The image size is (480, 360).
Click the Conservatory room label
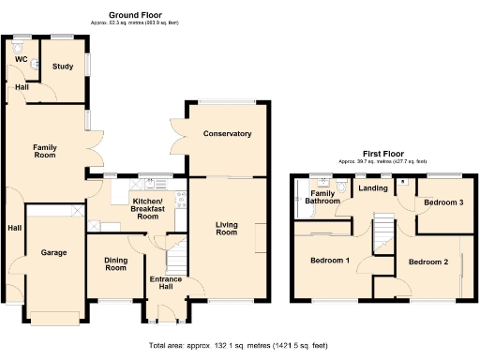tap(228, 134)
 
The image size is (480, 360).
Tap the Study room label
tap(63, 67)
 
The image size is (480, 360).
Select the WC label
tap(20, 59)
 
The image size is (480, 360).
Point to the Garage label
tap(52, 253)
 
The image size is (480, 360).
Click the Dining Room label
tap(114, 264)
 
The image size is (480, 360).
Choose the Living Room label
tap(227, 228)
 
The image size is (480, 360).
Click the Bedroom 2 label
tap(427, 262)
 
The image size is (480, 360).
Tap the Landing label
tap(373, 188)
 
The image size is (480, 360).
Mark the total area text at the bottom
tap(239, 346)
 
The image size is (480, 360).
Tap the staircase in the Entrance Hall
tap(176, 253)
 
